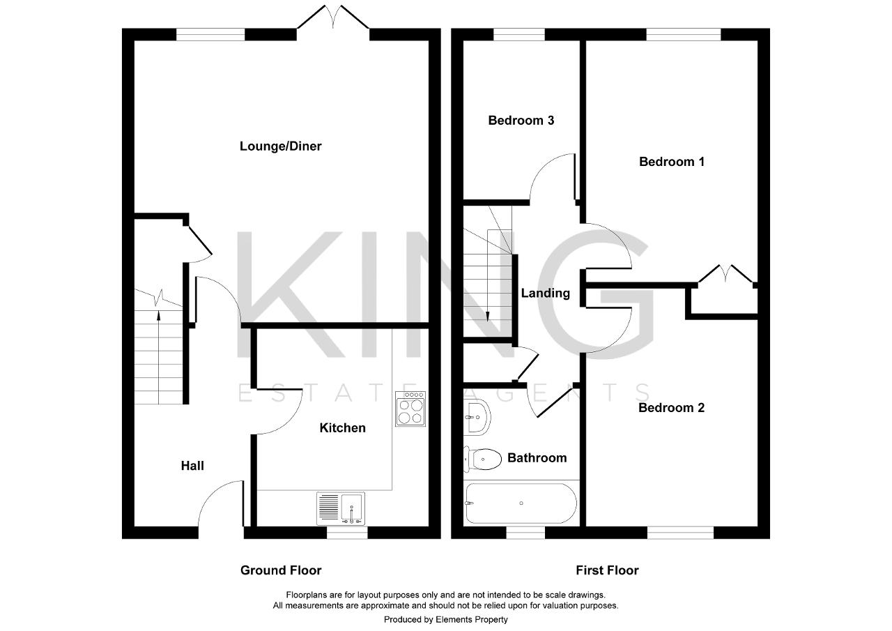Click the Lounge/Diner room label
point(280,146)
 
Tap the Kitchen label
point(342,427)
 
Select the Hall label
point(192,466)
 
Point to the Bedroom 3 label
point(521,121)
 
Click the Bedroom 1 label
point(672,162)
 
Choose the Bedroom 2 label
point(671,408)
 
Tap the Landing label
point(545,294)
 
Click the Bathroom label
point(537,458)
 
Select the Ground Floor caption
point(281,570)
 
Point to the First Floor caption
point(607,570)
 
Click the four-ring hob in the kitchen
point(410,409)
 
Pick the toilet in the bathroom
point(483,459)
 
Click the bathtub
point(521,503)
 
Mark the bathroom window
point(525,533)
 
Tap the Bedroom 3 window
point(519,34)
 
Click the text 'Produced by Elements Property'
point(445,619)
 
